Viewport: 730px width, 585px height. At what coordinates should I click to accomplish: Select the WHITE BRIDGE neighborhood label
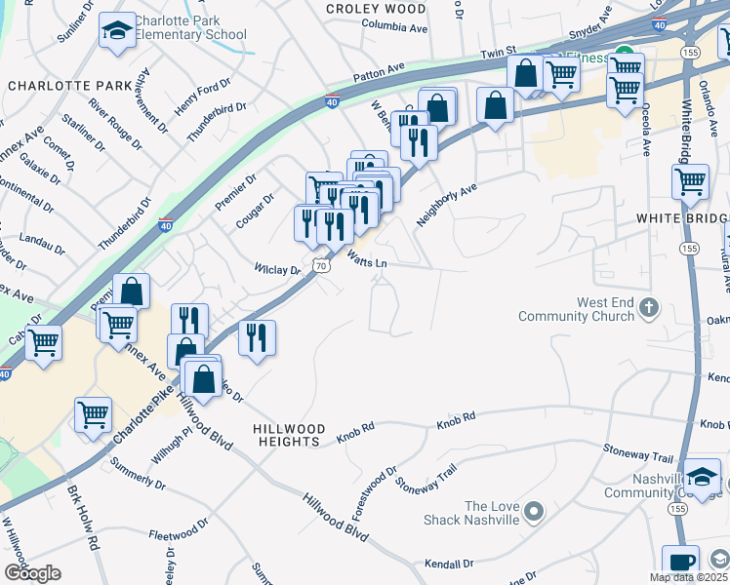pyautogui.click(x=682, y=217)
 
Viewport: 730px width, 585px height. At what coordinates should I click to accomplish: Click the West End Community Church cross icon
pyautogui.click(x=649, y=309)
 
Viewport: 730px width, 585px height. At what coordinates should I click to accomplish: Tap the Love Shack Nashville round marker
pyautogui.click(x=533, y=511)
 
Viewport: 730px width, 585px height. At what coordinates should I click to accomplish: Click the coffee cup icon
pyautogui.click(x=680, y=563)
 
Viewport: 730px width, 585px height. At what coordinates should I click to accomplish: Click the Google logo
pyautogui.click(x=32, y=572)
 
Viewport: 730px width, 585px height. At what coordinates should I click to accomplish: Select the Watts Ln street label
pyautogui.click(x=367, y=259)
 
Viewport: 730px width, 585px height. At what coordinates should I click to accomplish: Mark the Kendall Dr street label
pyautogui.click(x=449, y=564)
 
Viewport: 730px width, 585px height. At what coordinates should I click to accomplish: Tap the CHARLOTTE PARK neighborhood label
pyautogui.click(x=69, y=86)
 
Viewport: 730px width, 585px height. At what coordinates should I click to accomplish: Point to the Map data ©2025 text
pyautogui.click(x=688, y=577)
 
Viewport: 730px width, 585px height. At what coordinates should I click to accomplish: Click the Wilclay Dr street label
pyautogui.click(x=277, y=268)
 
